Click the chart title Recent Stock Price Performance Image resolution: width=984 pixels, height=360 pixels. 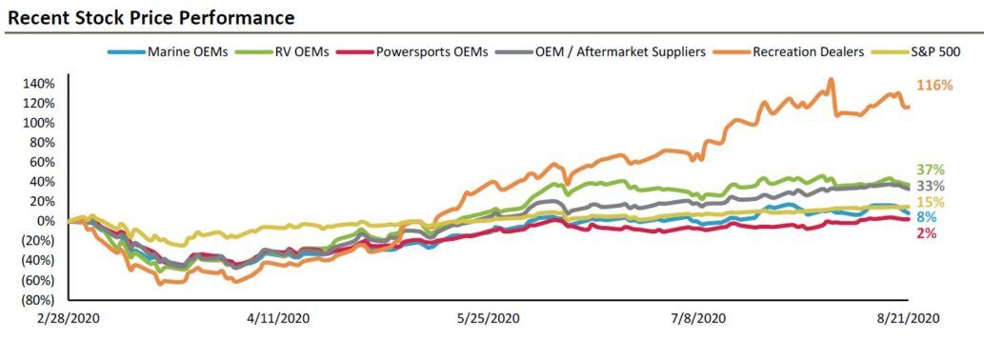tap(151, 17)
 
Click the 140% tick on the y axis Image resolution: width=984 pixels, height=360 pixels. tap(41, 84)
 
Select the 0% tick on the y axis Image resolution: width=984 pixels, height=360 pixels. tap(48, 221)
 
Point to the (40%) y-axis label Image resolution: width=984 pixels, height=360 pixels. tap(40, 261)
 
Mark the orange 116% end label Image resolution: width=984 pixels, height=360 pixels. tap(934, 86)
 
